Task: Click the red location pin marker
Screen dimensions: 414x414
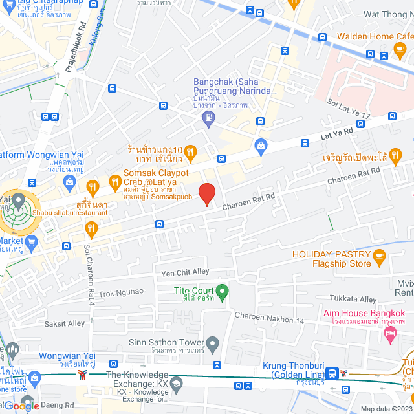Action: pos(206,193)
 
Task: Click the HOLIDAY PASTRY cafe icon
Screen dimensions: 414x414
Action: pos(380,259)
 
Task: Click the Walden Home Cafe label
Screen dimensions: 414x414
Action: pos(375,37)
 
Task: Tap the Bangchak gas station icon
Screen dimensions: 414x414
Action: pos(208,116)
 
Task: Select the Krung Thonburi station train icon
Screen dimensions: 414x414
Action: pos(332,373)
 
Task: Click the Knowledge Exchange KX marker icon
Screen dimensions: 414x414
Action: pos(178,383)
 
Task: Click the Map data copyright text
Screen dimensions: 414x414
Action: pos(386,409)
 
